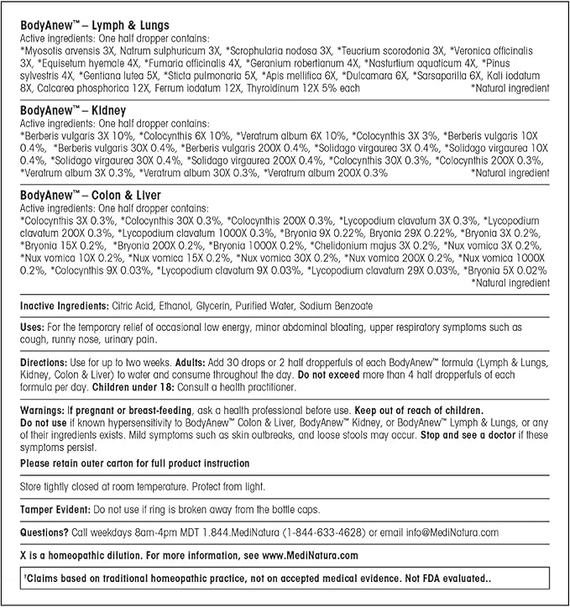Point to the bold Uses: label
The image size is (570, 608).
[33, 326]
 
